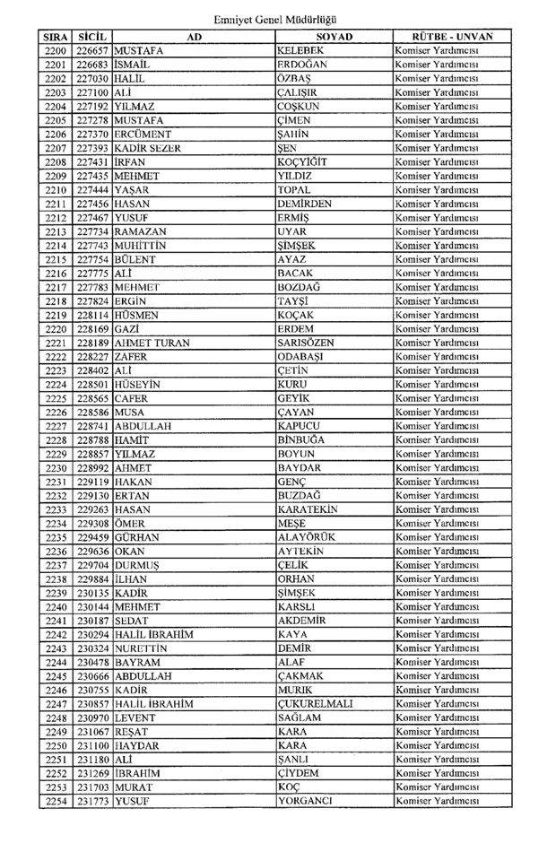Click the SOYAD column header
[x=334, y=36]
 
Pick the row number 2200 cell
[x=55, y=50]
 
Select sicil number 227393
[x=93, y=148]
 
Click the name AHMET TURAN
[x=151, y=343]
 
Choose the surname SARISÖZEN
[x=311, y=343]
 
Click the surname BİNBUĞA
[x=302, y=440]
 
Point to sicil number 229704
[x=93, y=565]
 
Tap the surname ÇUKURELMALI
[x=316, y=704]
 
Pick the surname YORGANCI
[x=307, y=802]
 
